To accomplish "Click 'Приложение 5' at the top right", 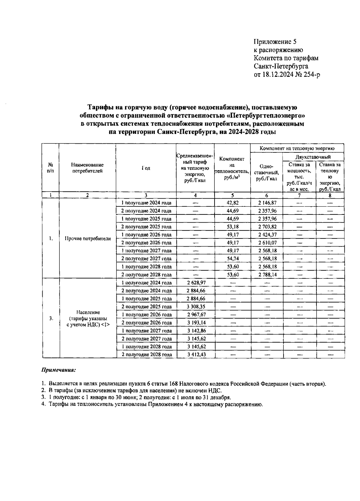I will click(275, 42).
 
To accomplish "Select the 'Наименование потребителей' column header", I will click(87, 168).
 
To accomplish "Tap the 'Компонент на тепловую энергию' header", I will click(297, 148).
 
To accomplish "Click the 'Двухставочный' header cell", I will click(313, 157).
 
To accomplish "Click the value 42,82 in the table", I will click(232, 203).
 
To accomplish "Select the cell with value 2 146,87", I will click(266, 203).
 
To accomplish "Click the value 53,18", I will click(232, 227).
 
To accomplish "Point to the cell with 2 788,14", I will click(266, 274).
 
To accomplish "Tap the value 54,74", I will click(232, 259).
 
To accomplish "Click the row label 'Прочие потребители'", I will click(87, 239).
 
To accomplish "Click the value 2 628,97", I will click(196, 283).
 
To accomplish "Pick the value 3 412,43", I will click(196, 355).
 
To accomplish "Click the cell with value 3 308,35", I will click(196, 307).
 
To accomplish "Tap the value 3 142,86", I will click(196, 331).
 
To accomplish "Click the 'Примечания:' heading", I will click(58, 370).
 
